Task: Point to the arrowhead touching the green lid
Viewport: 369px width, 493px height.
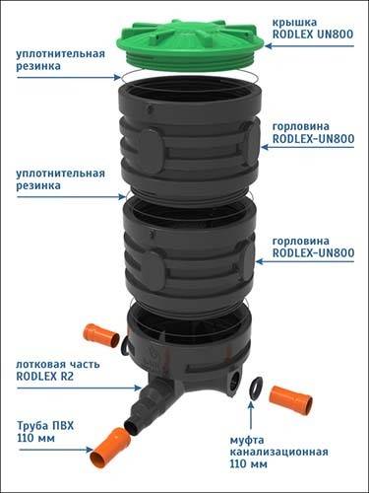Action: pos(269,46)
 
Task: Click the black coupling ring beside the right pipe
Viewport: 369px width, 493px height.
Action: pos(256,388)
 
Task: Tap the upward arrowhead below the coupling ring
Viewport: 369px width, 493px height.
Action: pos(251,405)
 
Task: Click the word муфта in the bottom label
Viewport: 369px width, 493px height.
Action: pos(247,440)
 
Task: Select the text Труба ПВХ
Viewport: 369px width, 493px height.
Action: pos(45,426)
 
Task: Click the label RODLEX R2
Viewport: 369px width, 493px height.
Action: pos(45,376)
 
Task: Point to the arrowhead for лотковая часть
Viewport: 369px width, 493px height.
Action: pos(138,387)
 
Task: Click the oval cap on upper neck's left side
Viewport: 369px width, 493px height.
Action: pos(152,150)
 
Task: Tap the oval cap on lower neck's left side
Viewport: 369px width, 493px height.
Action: pos(154,269)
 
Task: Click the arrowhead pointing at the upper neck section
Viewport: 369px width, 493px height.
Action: pos(265,147)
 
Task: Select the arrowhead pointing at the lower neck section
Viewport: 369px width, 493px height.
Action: pos(260,261)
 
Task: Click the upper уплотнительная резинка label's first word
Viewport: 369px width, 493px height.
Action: pos(60,54)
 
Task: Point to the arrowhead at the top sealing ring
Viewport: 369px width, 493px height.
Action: pos(117,77)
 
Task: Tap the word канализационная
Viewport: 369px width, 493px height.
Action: pos(278,452)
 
